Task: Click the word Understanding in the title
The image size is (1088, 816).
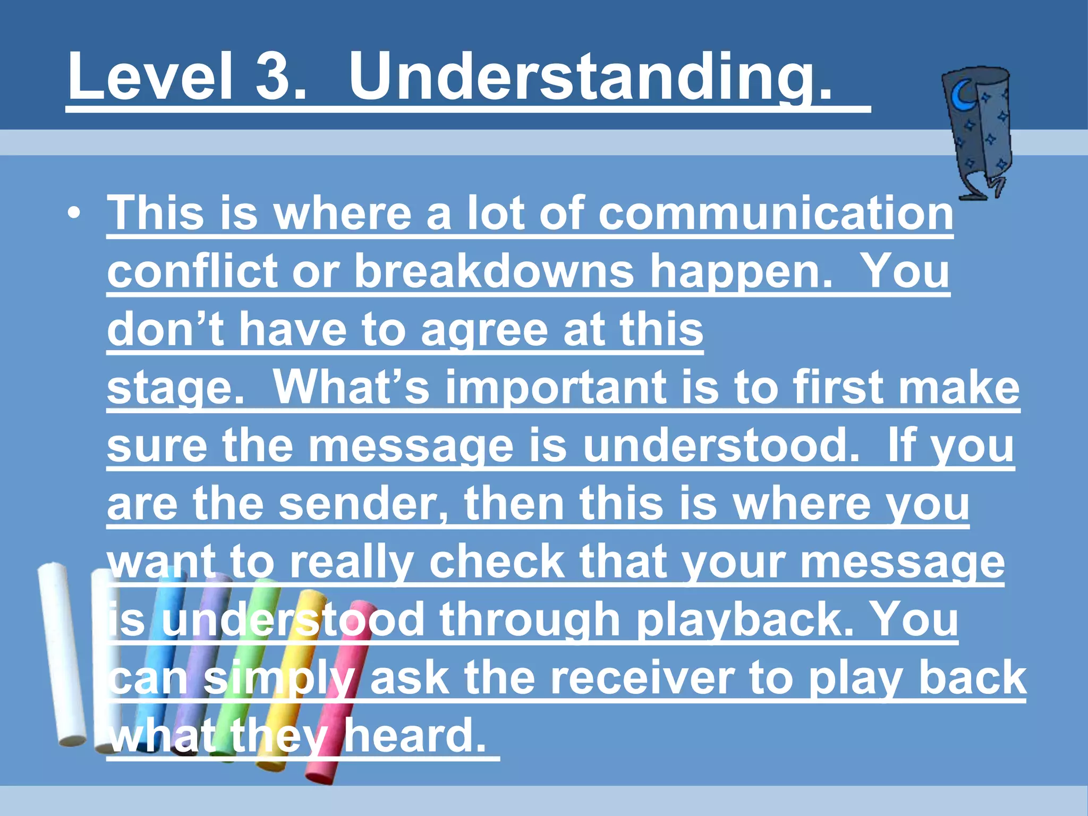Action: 590,77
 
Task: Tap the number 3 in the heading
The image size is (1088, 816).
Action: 280,77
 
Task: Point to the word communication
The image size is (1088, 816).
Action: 776,213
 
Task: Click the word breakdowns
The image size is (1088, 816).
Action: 494,271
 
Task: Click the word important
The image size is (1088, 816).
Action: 556,388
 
